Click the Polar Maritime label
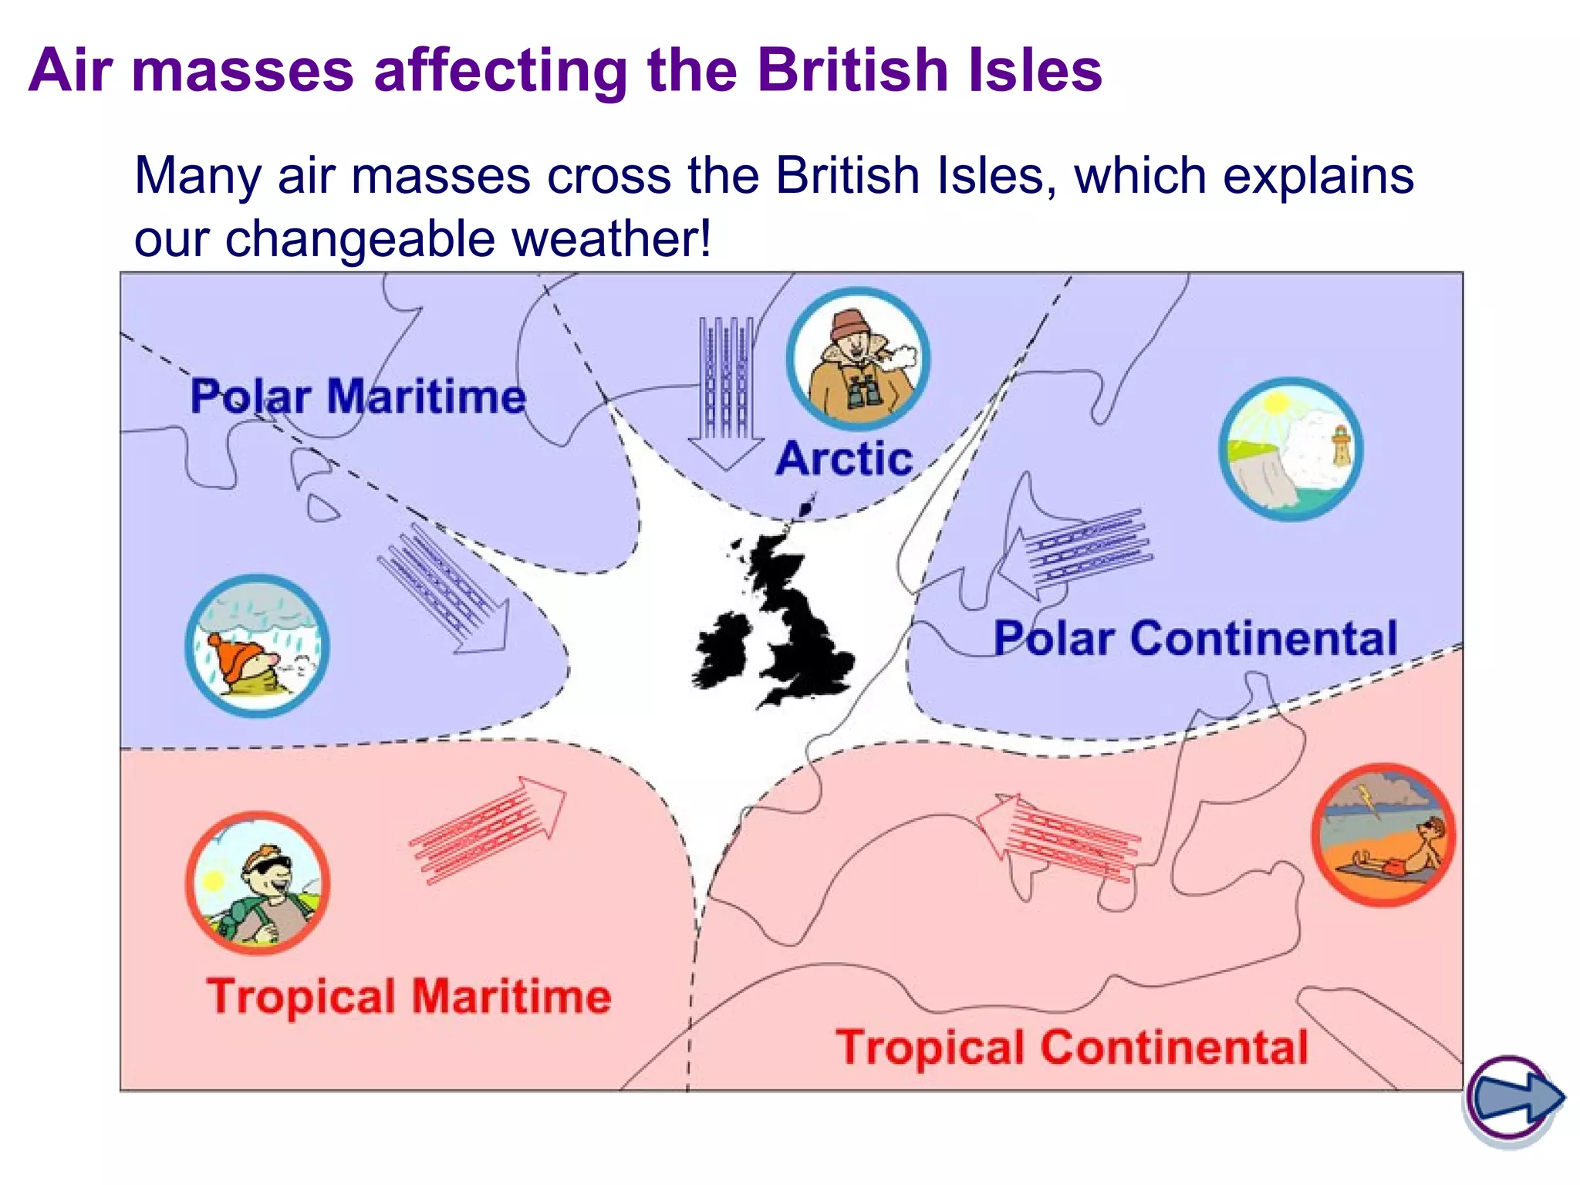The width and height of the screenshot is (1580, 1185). (x=358, y=397)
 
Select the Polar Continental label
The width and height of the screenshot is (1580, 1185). (x=1195, y=638)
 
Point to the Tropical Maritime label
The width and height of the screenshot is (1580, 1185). (x=409, y=996)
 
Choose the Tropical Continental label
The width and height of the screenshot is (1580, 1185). (x=1072, y=1047)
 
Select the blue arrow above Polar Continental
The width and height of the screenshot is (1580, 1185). (x=1075, y=552)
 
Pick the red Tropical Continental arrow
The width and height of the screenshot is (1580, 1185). (x=1058, y=837)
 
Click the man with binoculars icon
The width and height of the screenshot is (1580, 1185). (x=858, y=360)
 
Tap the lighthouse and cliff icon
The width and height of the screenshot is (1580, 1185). (x=1290, y=449)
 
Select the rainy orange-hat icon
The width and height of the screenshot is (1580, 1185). (x=257, y=646)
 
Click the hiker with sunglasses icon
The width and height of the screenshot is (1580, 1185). (x=258, y=883)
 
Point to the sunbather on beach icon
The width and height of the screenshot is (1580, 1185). (x=1383, y=835)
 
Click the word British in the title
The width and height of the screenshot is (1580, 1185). (x=853, y=70)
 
